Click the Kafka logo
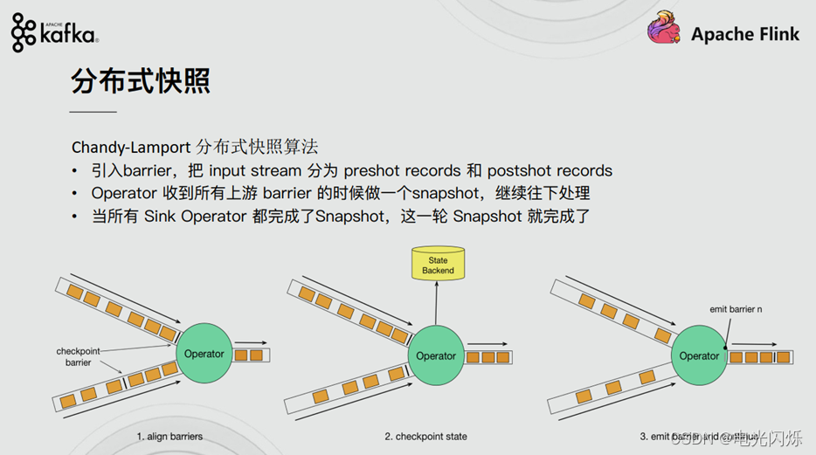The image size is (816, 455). click(x=54, y=32)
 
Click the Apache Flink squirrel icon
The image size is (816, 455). click(x=664, y=31)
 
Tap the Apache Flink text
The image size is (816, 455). click(x=745, y=34)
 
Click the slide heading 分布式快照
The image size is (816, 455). click(x=140, y=83)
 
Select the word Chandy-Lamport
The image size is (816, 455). click(x=131, y=146)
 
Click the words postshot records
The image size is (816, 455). click(x=550, y=170)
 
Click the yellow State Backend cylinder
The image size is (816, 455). click(x=438, y=265)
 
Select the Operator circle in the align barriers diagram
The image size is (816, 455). click(x=204, y=354)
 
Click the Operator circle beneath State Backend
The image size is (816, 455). click(x=436, y=355)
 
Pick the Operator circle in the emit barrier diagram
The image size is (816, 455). click(x=699, y=355)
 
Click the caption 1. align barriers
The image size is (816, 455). click(x=169, y=436)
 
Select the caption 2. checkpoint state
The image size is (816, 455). click(x=425, y=436)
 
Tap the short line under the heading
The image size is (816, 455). click(x=93, y=113)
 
